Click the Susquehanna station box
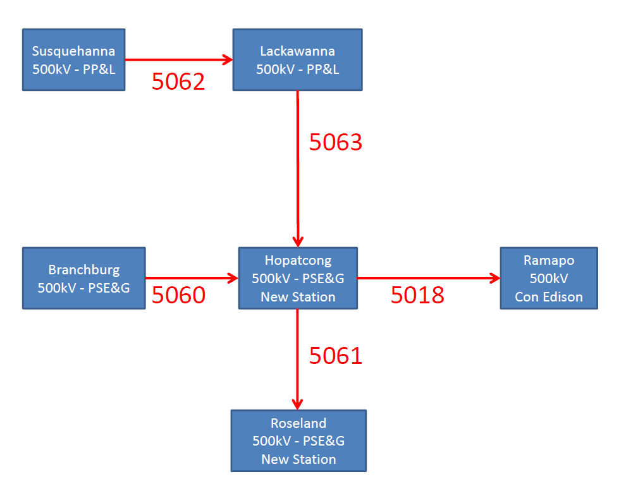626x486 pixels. click(x=73, y=59)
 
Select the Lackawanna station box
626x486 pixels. click(x=297, y=59)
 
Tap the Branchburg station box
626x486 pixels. click(x=83, y=278)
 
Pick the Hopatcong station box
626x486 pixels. click(x=298, y=278)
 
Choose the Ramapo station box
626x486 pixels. click(x=548, y=278)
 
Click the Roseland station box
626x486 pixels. click(x=298, y=440)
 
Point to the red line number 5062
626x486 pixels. click(x=178, y=82)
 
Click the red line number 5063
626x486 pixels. click(x=335, y=142)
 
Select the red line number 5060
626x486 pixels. click(x=178, y=295)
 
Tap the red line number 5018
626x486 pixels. click(x=417, y=295)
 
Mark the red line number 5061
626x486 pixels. click(x=335, y=356)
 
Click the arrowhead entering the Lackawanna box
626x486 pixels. click(x=227, y=60)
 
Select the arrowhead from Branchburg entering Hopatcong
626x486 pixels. click(x=232, y=277)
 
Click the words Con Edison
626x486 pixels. click(x=548, y=296)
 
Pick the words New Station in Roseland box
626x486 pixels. click(x=298, y=459)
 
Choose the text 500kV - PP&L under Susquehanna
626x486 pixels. click(x=73, y=69)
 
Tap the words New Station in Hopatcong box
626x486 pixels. click(x=298, y=296)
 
